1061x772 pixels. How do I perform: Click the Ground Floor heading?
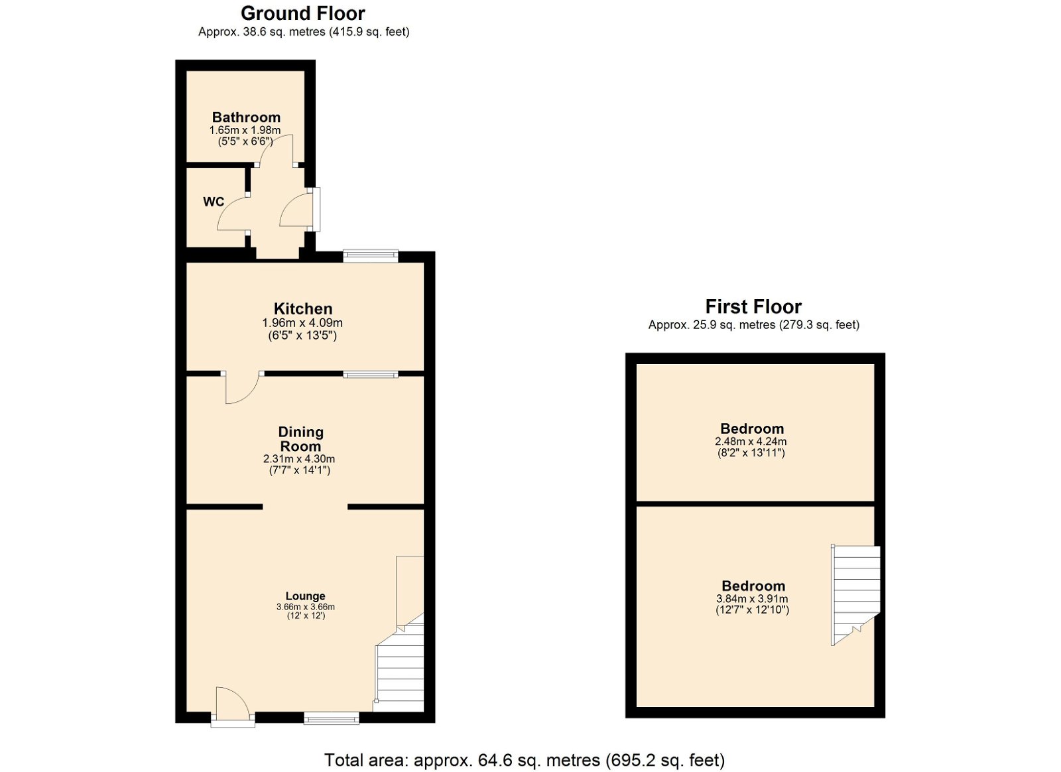pos(302,14)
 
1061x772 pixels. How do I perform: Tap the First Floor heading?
pos(753,307)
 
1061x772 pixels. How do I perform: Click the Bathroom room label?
pos(246,117)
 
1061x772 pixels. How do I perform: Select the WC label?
pos(213,202)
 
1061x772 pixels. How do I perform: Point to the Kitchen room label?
pos(303,309)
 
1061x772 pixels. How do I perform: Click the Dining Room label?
pos(300,439)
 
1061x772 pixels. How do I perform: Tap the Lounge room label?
pos(305,596)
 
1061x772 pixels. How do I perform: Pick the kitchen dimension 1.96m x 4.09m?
pos(302,324)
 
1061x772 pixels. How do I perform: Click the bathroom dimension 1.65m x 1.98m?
pos(245,130)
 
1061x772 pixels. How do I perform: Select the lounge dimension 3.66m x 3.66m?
pos(306,607)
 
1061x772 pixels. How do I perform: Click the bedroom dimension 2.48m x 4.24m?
pos(751,442)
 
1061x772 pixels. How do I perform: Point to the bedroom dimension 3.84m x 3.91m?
pos(752,599)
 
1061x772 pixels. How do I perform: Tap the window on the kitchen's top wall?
pos(371,256)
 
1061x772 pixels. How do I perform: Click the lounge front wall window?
pos(332,718)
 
